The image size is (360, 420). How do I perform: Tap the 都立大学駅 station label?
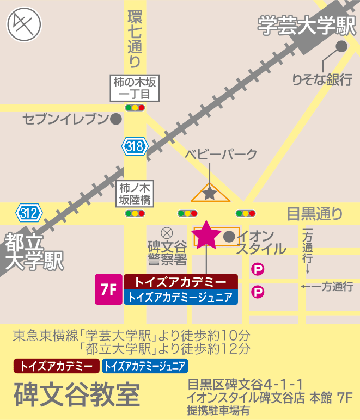(33, 251)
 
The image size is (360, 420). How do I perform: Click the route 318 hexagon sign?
(134, 146)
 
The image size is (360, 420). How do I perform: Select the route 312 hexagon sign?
(29, 212)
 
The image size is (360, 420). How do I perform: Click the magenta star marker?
(206, 235)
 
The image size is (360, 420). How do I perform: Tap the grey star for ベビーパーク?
(210, 192)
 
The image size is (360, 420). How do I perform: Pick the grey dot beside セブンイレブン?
(115, 119)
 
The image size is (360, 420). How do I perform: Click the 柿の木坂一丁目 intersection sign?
(135, 88)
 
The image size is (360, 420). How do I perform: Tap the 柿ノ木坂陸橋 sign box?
(135, 194)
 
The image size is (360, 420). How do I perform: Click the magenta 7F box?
(108, 289)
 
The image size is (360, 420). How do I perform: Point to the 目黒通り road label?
(315, 213)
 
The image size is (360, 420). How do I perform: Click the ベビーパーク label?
(221, 154)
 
